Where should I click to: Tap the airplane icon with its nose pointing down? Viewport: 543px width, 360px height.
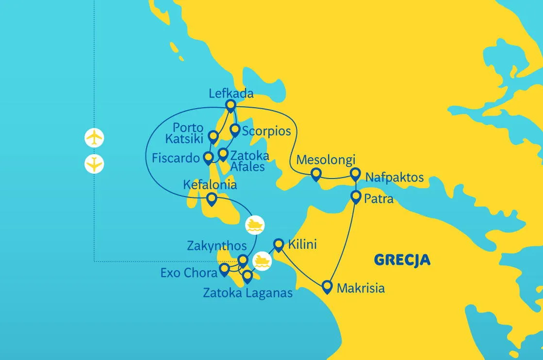coord(94,164)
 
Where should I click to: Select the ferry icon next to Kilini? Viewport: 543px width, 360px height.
coord(262,260)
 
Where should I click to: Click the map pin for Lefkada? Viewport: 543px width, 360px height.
coord(230,105)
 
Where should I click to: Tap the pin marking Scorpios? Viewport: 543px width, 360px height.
coord(235,130)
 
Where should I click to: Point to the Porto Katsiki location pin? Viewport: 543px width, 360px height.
coord(213,136)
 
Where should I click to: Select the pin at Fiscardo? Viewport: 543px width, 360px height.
coord(208,157)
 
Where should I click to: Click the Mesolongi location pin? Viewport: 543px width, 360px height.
coord(316,174)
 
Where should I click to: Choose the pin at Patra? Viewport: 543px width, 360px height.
coord(356,196)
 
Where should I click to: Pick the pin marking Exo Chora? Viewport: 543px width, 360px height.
coord(224,269)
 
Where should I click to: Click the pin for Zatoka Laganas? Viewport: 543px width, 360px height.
coord(247,276)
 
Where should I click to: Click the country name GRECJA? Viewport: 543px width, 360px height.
coord(402,260)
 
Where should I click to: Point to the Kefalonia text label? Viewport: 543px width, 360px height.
coord(210,185)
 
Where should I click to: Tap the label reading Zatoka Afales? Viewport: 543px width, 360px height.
coord(247,162)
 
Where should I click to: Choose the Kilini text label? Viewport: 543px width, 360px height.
coord(302,244)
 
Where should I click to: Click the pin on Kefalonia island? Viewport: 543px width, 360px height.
coord(212,198)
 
